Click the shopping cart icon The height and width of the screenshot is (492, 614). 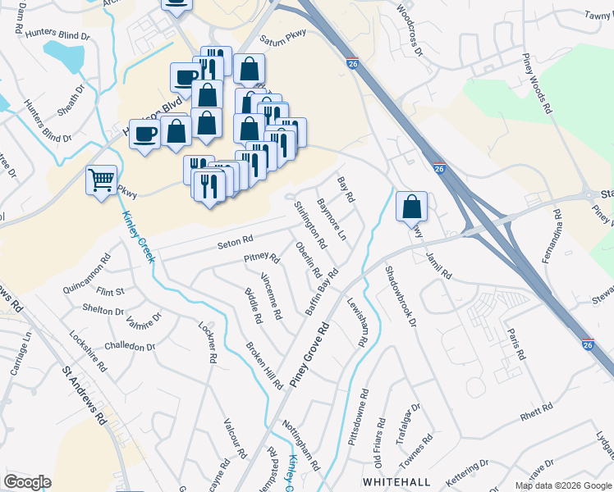tap(101, 180)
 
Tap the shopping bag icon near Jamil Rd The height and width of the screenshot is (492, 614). tap(411, 207)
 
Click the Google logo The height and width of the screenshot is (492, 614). tap(27, 482)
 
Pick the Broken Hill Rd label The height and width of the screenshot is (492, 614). tap(263, 364)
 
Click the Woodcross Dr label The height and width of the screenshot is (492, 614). tap(408, 30)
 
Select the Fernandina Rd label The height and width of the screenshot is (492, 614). tap(557, 230)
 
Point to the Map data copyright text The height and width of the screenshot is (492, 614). tap(563, 485)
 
